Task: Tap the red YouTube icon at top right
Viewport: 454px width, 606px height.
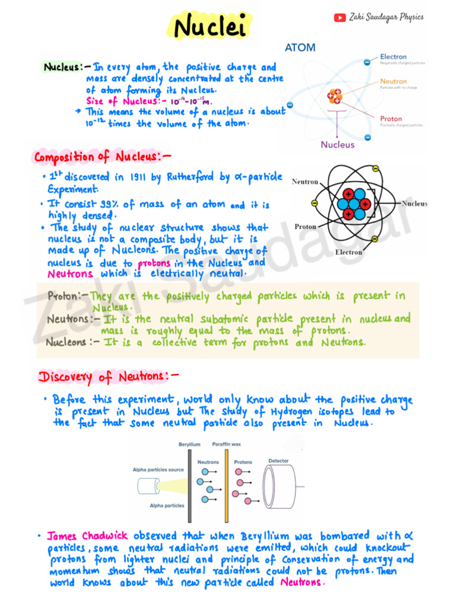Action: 339,18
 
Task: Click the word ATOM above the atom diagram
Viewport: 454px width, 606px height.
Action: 300,47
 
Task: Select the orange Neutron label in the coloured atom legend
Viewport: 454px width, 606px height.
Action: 393,81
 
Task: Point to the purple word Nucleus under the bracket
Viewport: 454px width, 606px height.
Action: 338,144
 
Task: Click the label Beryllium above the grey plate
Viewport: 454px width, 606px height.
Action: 189,444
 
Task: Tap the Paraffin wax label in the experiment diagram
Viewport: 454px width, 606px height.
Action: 227,444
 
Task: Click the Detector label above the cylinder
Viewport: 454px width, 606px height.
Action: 278,460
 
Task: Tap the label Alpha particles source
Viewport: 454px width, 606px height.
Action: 158,470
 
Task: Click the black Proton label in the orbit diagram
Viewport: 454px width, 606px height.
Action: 305,227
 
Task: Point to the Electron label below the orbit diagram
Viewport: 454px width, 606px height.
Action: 349,252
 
